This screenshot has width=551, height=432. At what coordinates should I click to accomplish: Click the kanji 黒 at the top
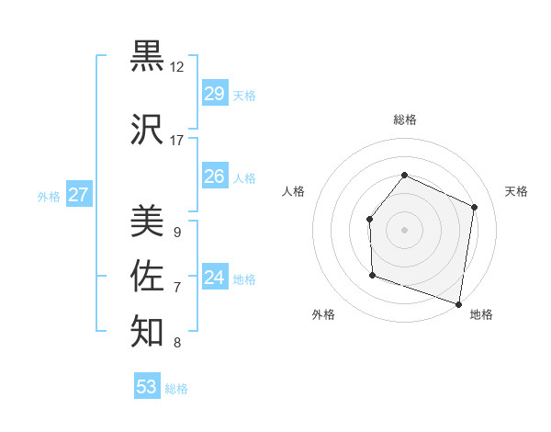pyautogui.click(x=147, y=57)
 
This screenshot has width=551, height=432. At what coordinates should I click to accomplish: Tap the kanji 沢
pyautogui.click(x=147, y=130)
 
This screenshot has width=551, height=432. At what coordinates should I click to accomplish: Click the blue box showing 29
pyautogui.click(x=214, y=94)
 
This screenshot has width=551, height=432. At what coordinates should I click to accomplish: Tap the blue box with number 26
pyautogui.click(x=214, y=176)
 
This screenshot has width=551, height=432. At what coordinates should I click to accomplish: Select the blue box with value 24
pyautogui.click(x=214, y=278)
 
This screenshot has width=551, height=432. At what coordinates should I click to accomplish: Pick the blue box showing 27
pyautogui.click(x=79, y=195)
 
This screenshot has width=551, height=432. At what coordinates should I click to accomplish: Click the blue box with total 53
pyautogui.click(x=147, y=387)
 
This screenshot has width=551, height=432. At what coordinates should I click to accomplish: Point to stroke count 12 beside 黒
pyautogui.click(x=177, y=67)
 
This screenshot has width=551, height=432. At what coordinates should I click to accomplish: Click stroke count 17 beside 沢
pyautogui.click(x=177, y=141)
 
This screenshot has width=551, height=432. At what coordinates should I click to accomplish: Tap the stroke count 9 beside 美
pyautogui.click(x=176, y=233)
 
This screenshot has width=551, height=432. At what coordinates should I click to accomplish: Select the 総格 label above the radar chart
pyautogui.click(x=404, y=119)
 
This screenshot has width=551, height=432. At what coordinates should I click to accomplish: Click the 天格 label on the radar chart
pyautogui.click(x=516, y=191)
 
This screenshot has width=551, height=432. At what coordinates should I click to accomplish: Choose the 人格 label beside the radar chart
pyautogui.click(x=293, y=191)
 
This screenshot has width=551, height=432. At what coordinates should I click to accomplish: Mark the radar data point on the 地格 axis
pyautogui.click(x=458, y=302)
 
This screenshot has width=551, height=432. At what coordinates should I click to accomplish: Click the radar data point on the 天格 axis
pyautogui.click(x=474, y=207)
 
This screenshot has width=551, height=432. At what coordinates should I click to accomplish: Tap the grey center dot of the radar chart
pyautogui.click(x=404, y=229)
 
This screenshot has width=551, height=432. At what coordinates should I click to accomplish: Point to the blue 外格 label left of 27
pyautogui.click(x=49, y=196)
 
